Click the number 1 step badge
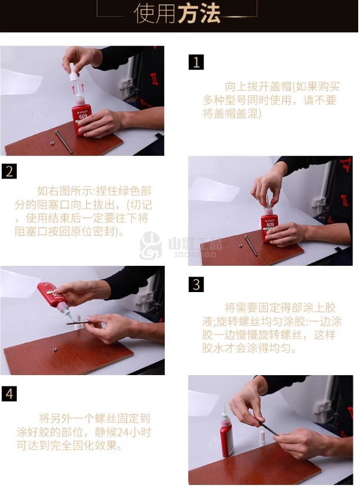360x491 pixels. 196,62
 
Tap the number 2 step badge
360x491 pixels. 9,171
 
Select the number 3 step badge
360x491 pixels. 196,284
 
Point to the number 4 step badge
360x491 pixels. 9,394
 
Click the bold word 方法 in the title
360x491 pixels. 199,14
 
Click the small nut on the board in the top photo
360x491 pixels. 52,143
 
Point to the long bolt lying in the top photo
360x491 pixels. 63,142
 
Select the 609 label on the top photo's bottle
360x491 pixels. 83,116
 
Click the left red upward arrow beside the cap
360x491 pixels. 73,89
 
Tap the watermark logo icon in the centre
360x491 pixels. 151,246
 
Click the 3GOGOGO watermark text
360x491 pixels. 195,254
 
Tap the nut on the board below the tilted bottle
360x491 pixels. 55,349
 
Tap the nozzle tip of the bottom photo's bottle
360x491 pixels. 224,403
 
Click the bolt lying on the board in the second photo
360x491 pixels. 251,245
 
